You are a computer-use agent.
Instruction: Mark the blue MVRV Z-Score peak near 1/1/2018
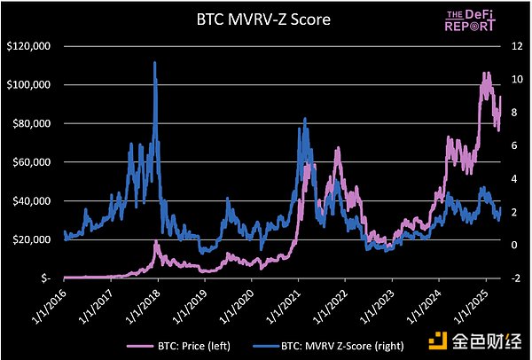point(155,63)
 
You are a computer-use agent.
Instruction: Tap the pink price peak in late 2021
point(338,149)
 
